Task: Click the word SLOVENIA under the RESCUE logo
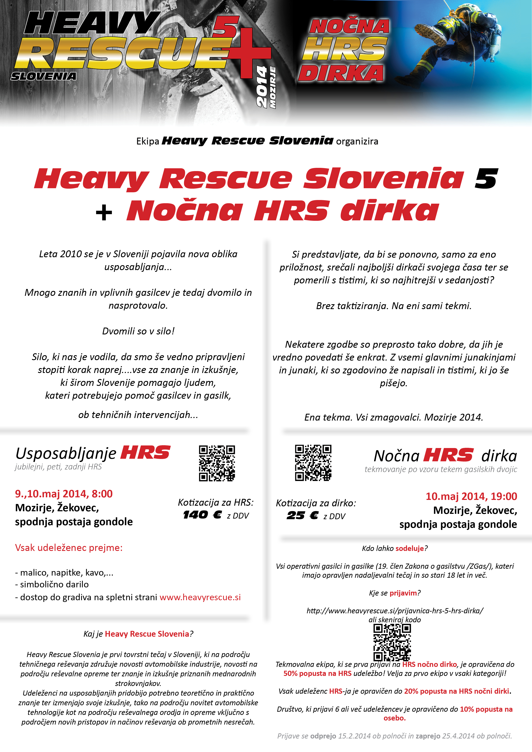[44, 76]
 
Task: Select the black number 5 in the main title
[486, 179]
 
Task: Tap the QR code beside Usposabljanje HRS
[217, 463]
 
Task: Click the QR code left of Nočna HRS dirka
[313, 462]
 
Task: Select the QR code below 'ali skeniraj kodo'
[392, 642]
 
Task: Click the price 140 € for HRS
[202, 515]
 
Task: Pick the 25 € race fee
[302, 516]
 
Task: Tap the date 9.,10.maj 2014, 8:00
[64, 494]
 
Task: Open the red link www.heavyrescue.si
[200, 597]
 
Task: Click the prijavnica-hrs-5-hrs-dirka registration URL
[395, 611]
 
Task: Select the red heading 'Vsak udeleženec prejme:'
[69, 548]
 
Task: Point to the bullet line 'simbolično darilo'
[54, 584]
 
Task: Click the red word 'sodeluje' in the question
[410, 548]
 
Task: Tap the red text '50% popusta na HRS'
[317, 673]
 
